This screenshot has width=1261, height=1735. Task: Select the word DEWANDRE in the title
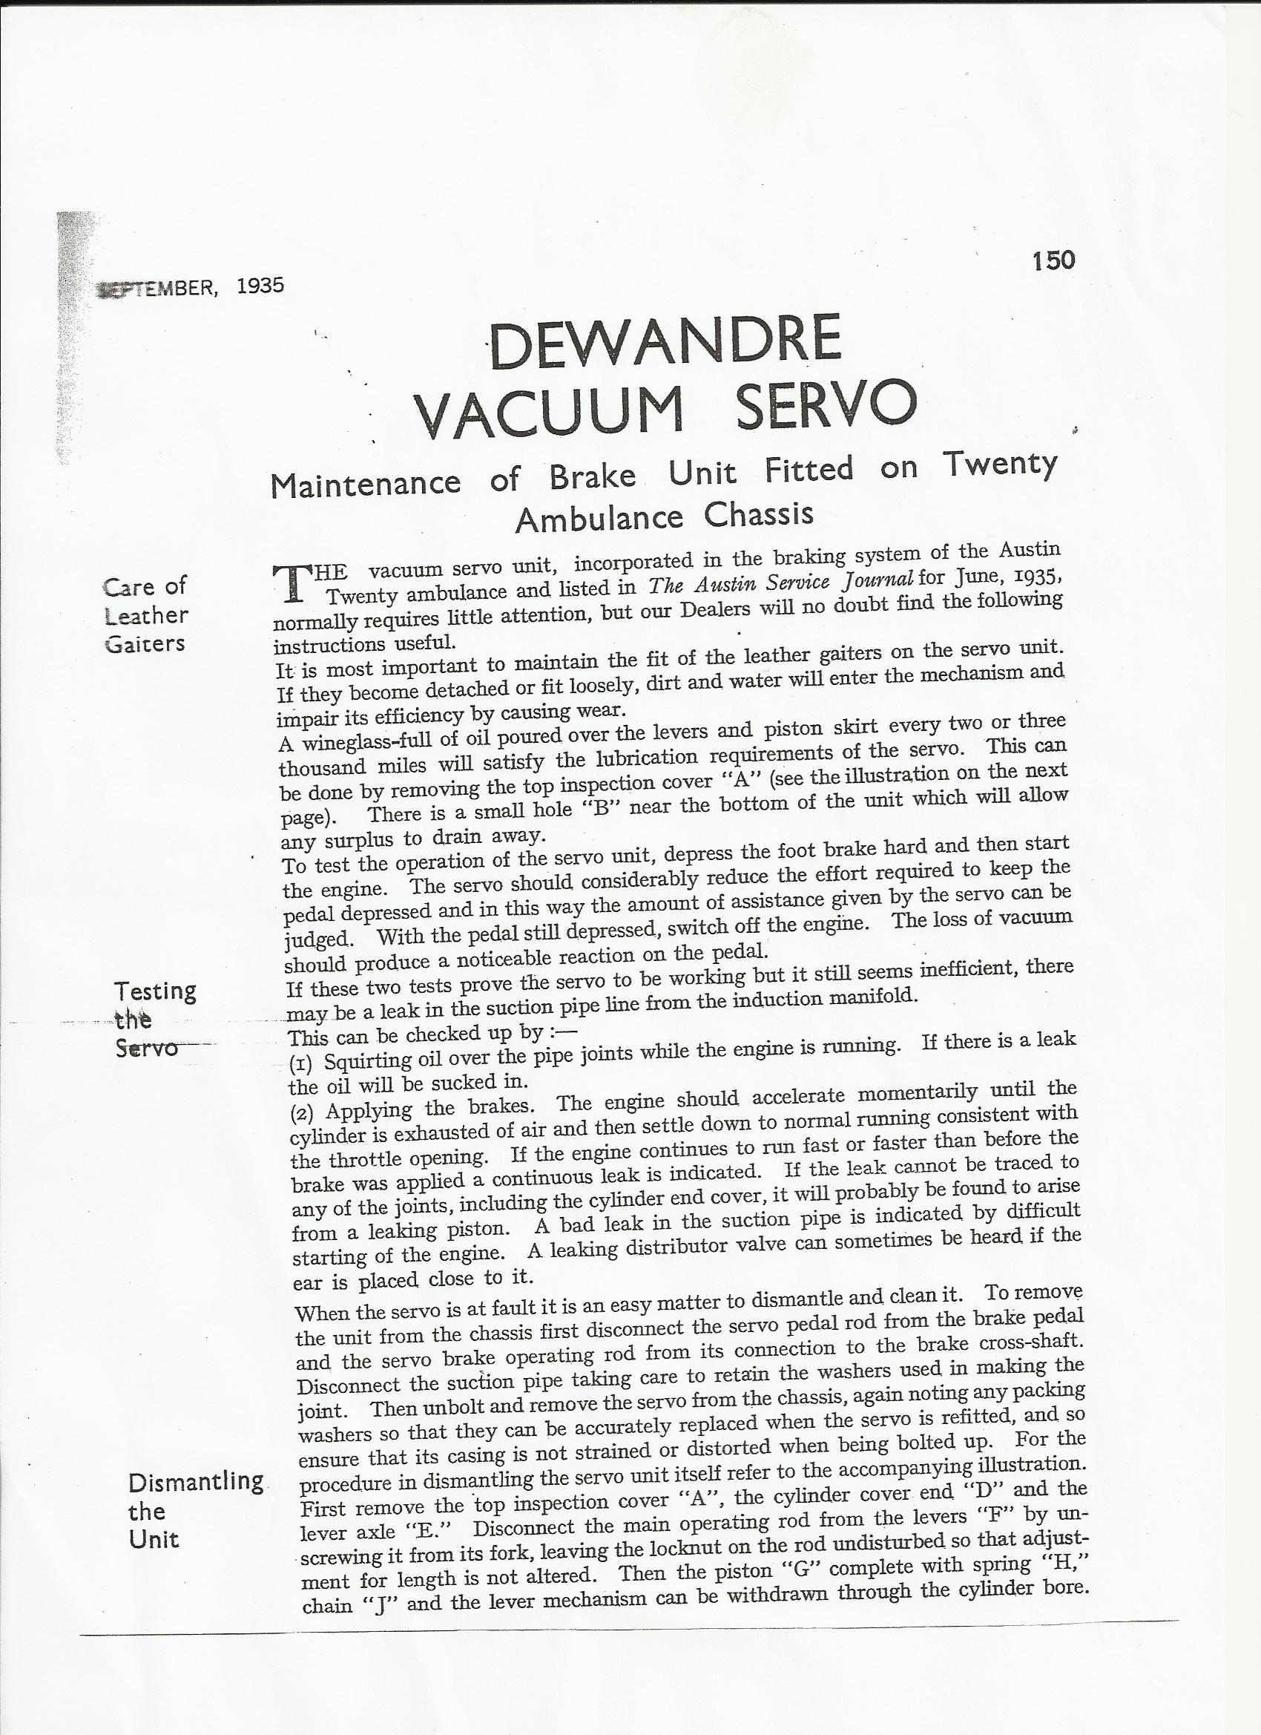coord(665,341)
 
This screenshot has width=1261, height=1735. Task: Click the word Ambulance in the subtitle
coord(599,519)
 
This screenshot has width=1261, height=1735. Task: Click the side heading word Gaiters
coord(145,643)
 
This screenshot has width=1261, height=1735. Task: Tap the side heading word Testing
coord(155,991)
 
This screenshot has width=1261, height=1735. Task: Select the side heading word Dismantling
coord(197,1482)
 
